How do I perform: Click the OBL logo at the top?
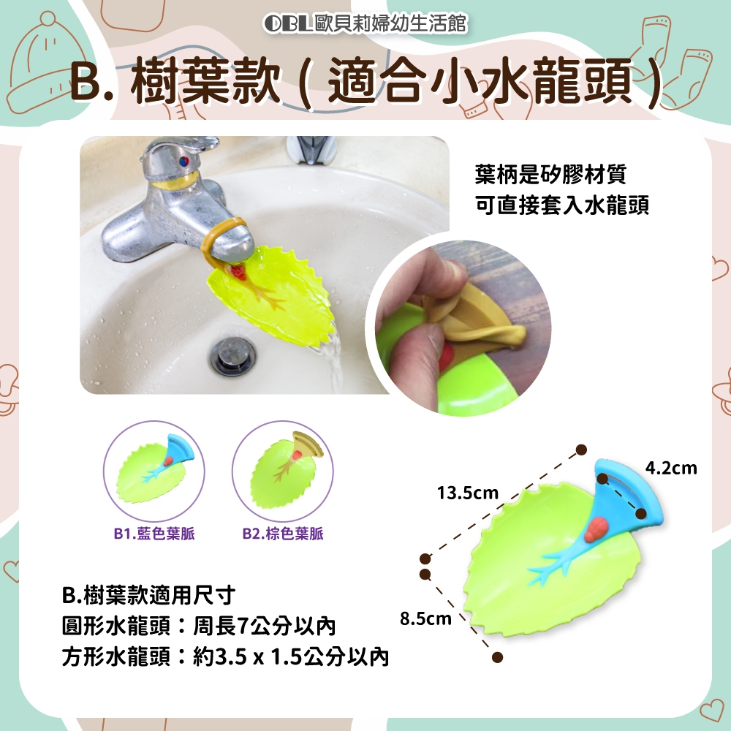[x=287, y=23]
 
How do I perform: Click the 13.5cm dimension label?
[x=468, y=493]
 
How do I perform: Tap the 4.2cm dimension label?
[x=671, y=468]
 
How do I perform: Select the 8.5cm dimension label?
[x=425, y=618]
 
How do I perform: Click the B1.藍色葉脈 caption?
[x=154, y=534]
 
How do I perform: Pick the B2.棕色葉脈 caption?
[x=283, y=534]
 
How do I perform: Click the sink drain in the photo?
[x=232, y=356]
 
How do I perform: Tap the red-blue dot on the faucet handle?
[x=185, y=162]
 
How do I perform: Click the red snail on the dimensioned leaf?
[x=593, y=531]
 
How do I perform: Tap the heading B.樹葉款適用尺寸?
[x=148, y=595]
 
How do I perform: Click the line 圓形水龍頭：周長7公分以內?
[x=199, y=626]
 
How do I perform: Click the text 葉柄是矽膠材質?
[x=550, y=175]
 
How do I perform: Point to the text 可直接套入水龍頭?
[x=561, y=205]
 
